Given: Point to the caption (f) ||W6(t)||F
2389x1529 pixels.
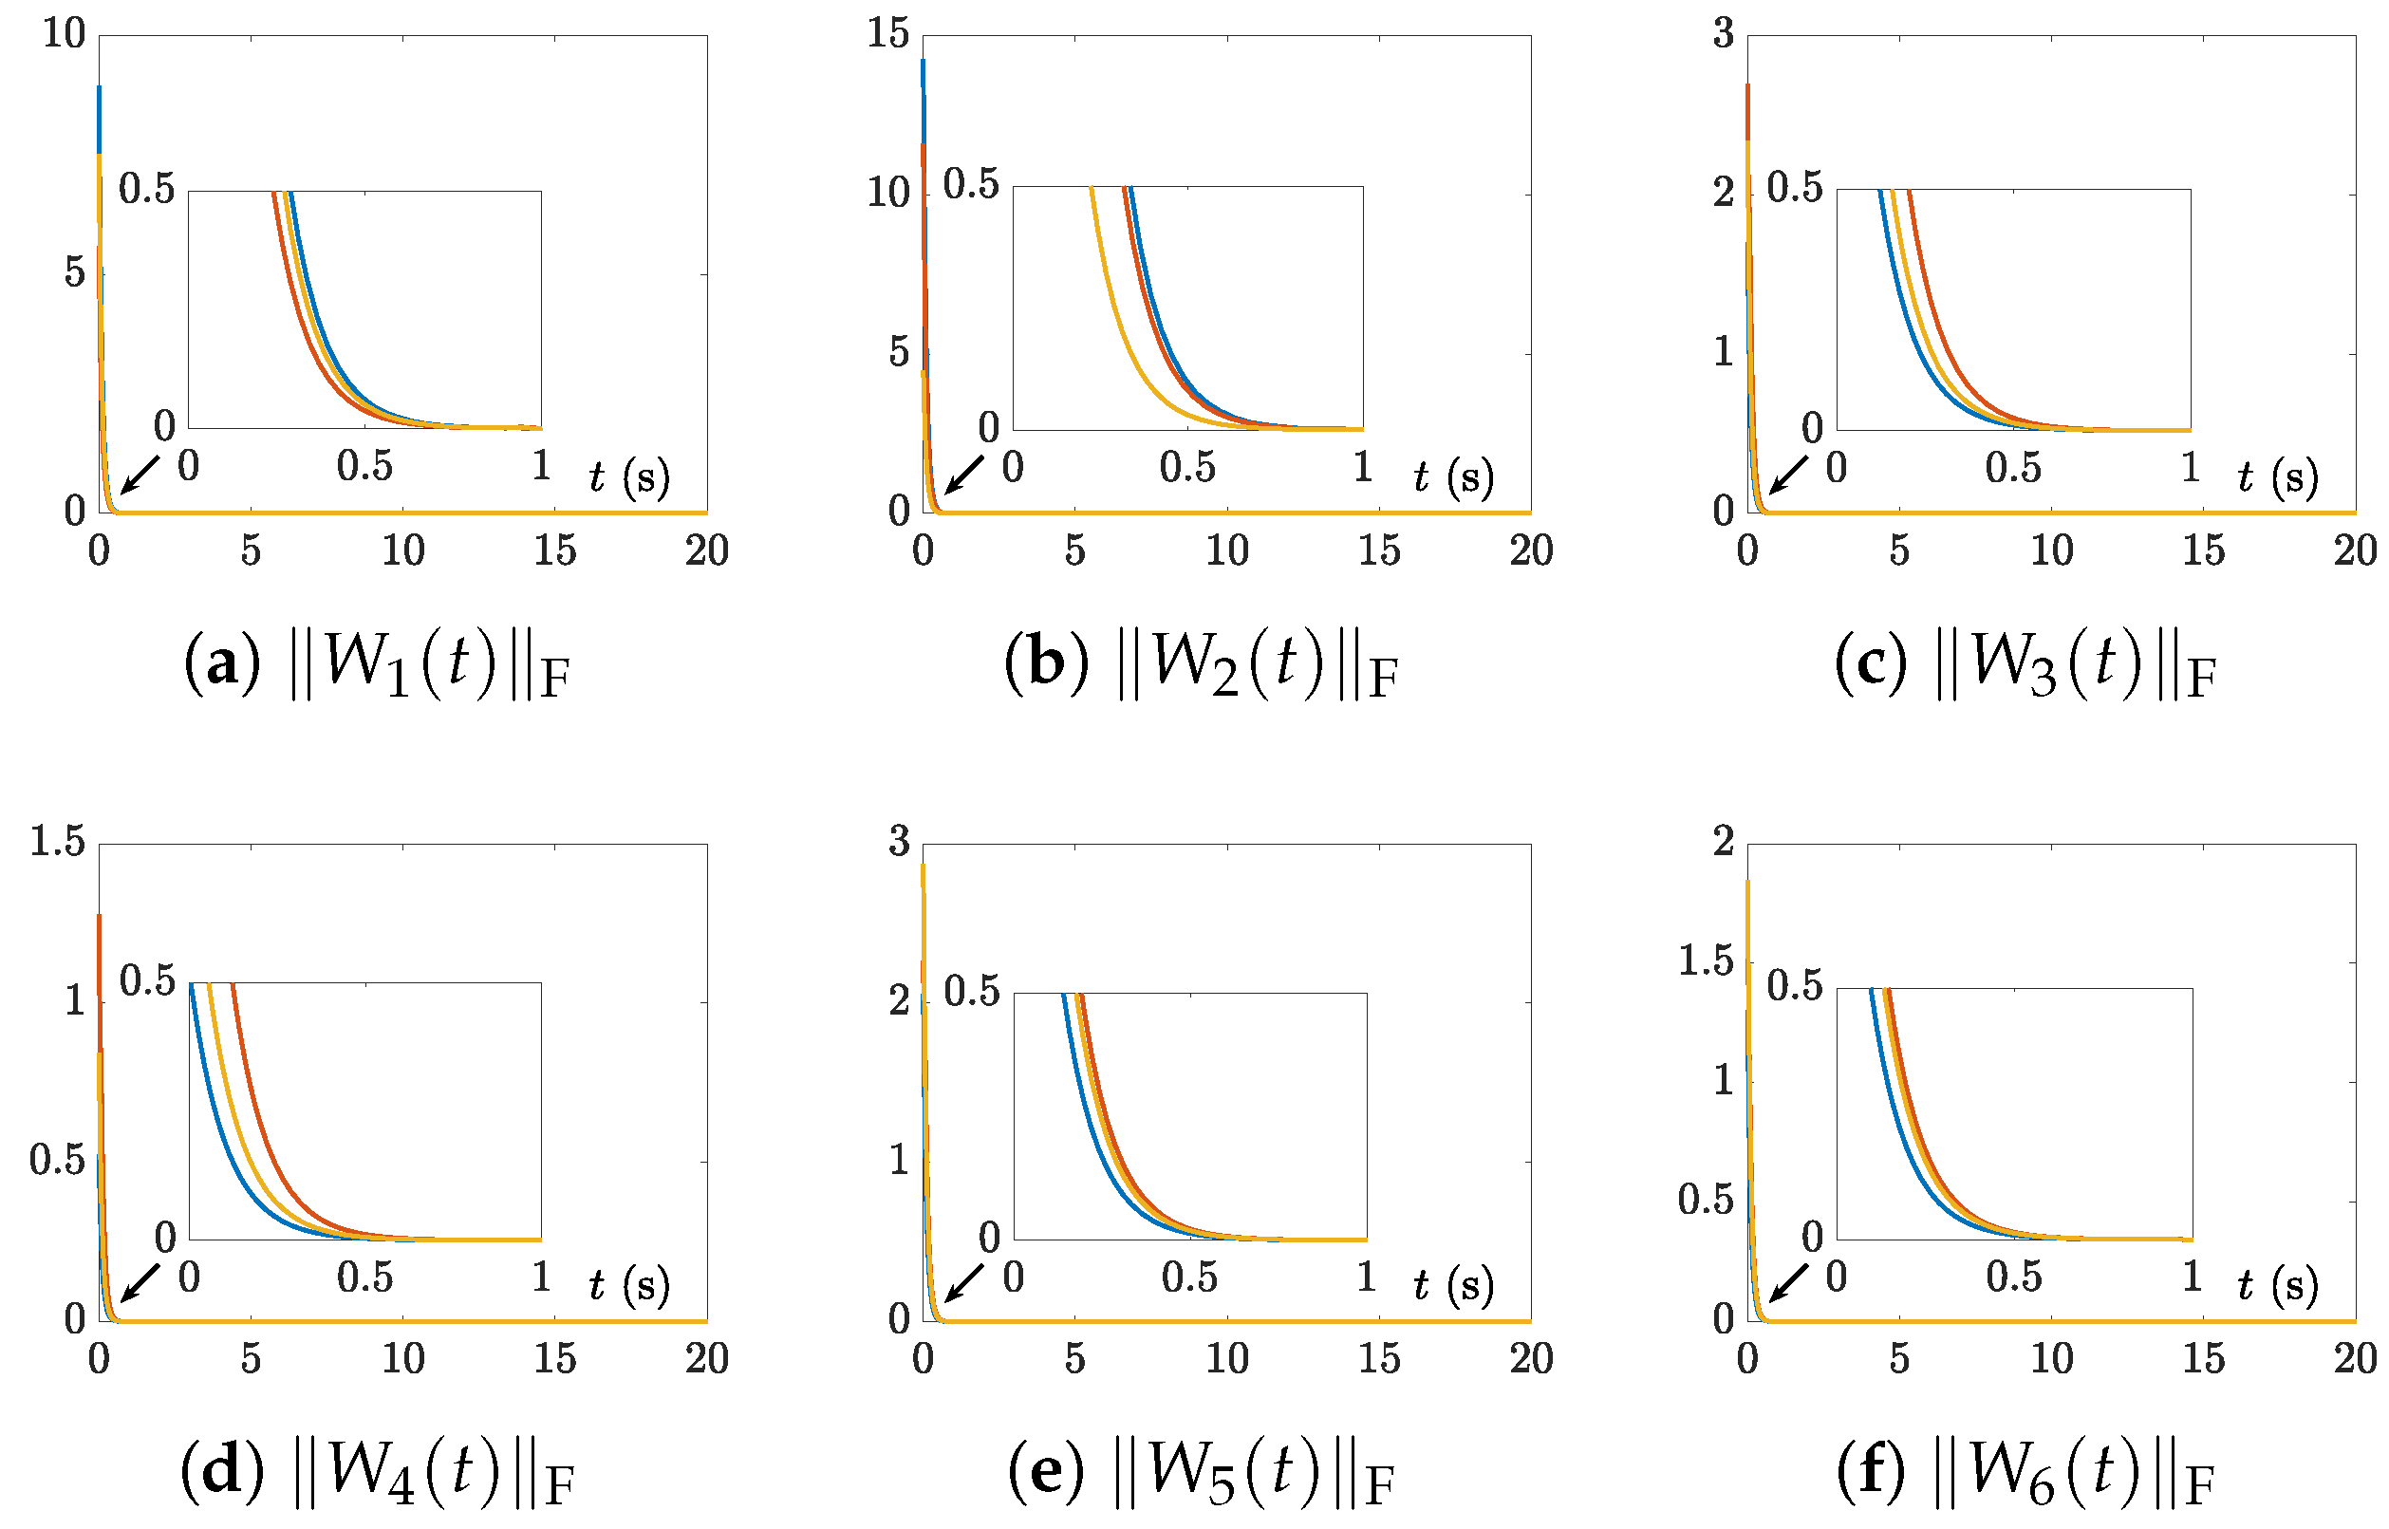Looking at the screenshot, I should pos(2025,1471).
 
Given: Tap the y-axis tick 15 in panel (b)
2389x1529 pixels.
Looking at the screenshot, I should pos(887,34).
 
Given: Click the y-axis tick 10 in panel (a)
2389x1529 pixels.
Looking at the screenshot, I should pos(64,34).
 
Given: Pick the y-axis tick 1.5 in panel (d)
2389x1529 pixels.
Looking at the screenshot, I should pos(58,842).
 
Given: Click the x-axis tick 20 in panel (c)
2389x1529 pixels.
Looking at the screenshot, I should pos(2354,551).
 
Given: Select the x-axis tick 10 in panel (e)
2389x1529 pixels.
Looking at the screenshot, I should pos(1226,1359).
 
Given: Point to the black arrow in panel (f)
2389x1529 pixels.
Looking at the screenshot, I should pos(1788,1282).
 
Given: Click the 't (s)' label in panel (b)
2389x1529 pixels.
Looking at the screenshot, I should pos(1454,477).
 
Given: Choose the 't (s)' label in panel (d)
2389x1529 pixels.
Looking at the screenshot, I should pos(628,1286).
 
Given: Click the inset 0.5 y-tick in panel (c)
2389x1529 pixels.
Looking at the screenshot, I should pos(1794,188).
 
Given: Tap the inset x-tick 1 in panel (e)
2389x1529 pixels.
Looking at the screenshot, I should pos(1366,1277).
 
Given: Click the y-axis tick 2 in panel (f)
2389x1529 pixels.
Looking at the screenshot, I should pos(1723,842).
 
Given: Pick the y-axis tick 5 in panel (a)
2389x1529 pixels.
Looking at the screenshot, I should pos(74,273).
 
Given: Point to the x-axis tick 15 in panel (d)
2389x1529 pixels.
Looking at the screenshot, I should pos(554,1359).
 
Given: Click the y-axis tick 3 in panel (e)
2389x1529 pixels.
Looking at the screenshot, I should pos(899,842).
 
